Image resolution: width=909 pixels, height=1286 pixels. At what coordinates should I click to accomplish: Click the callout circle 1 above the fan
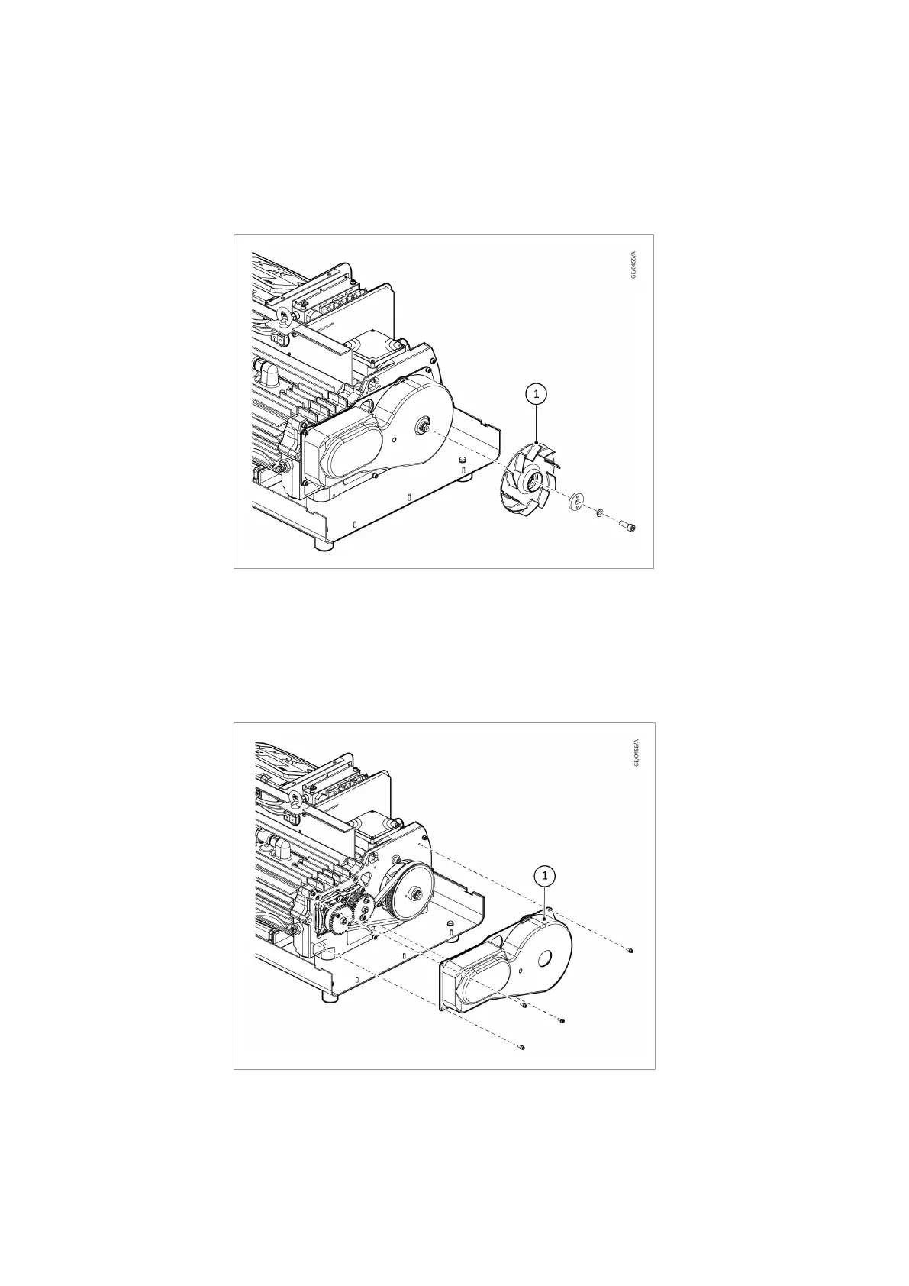click(x=537, y=394)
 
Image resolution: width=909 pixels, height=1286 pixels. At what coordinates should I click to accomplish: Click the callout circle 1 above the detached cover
click(x=544, y=875)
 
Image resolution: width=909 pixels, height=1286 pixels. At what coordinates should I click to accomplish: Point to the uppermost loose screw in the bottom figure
click(x=630, y=951)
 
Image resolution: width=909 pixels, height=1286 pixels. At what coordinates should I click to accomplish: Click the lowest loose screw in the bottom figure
click(x=521, y=1047)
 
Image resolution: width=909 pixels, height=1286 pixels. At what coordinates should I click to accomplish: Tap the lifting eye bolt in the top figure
click(x=285, y=318)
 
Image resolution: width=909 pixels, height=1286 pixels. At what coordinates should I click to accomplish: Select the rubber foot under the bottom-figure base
click(x=330, y=997)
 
